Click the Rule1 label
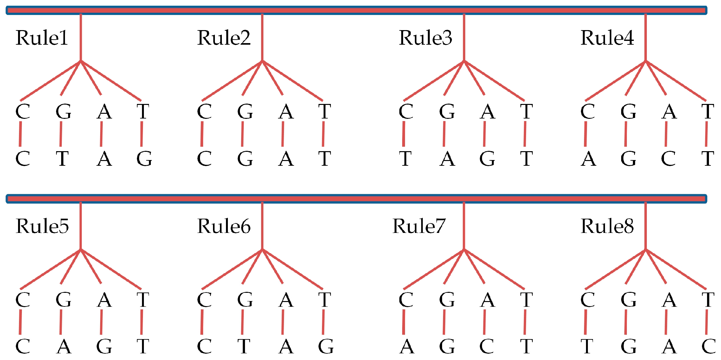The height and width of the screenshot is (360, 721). [x=42, y=38]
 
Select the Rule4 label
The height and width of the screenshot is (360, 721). [x=607, y=38]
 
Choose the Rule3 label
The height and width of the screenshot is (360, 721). [x=425, y=38]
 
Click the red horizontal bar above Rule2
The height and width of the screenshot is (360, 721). [x=262, y=10]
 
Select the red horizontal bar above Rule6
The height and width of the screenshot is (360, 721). [x=262, y=199]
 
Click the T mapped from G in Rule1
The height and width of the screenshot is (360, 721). [x=62, y=158]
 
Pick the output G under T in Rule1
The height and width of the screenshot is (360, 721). [x=144, y=158]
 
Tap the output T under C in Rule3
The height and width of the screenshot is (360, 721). [x=405, y=158]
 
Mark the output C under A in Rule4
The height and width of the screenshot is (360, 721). [x=668, y=158]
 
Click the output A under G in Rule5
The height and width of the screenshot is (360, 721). [x=64, y=346]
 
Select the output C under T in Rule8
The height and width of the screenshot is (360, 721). [x=709, y=346]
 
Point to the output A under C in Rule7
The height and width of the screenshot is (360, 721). [x=407, y=346]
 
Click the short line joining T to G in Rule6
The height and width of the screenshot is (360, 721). [x=323, y=322]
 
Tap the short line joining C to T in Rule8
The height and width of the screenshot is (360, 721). [x=585, y=322]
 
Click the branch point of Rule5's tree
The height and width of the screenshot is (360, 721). [x=80, y=249]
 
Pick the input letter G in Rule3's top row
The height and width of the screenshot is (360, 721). [x=447, y=112]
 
